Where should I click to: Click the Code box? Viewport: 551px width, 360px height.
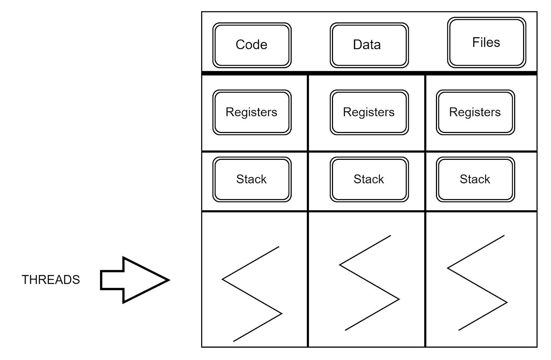coord(252,45)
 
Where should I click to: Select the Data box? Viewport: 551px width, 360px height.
coord(369,45)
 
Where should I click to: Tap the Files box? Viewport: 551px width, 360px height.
coord(486,42)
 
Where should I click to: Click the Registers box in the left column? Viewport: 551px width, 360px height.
coord(252,112)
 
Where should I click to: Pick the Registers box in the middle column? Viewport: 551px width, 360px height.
coord(369,112)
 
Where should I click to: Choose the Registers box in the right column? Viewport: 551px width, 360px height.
coord(475,112)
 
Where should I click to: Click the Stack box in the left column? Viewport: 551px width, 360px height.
coord(252,179)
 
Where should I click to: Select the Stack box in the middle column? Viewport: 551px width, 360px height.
coord(369,179)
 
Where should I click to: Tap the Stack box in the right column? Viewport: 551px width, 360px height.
coord(475,179)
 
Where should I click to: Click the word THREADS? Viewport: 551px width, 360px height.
coord(51,280)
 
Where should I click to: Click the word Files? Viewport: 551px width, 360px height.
coord(486,42)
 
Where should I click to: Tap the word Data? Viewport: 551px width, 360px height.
coord(367,45)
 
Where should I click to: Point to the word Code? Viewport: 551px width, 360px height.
coord(251,45)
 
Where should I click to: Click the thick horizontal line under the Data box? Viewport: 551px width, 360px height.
coord(369,73)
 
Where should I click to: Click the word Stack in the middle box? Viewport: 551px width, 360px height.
coord(368,179)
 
